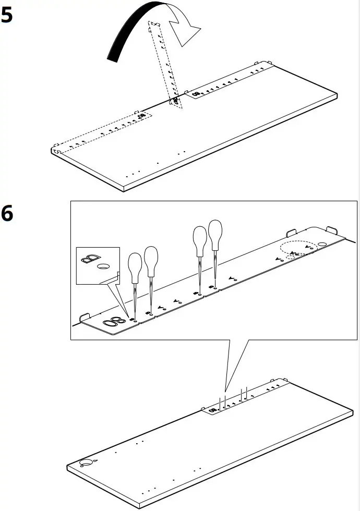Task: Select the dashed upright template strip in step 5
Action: point(165,63)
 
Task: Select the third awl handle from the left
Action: point(199,240)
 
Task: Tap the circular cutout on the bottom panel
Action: point(86,463)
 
